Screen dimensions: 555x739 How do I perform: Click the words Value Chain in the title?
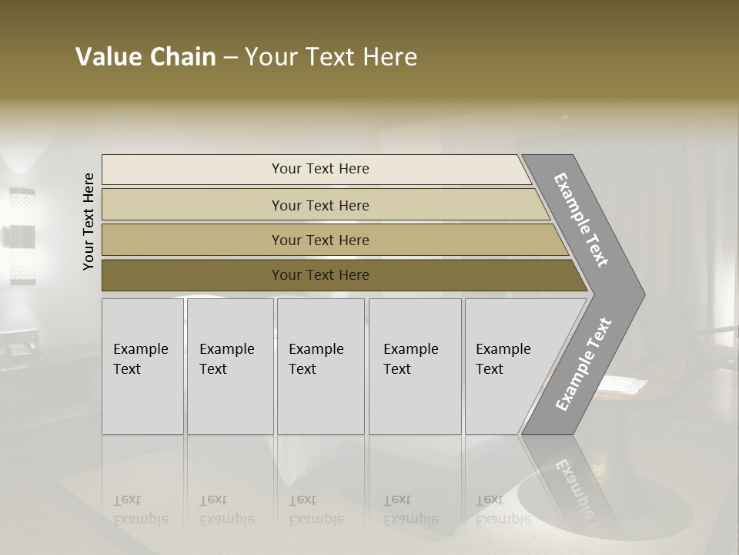pyautogui.click(x=145, y=57)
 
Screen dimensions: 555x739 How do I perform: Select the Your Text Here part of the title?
pyautogui.click(x=331, y=57)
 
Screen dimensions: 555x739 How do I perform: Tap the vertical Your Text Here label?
pyautogui.click(x=89, y=221)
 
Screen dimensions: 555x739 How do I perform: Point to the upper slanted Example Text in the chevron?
pyautogui.click(x=581, y=220)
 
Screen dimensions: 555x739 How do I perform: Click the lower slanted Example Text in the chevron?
pyautogui.click(x=583, y=365)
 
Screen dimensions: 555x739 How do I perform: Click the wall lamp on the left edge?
pyautogui.click(x=22, y=236)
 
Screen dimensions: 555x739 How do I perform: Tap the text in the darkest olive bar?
pyautogui.click(x=320, y=275)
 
